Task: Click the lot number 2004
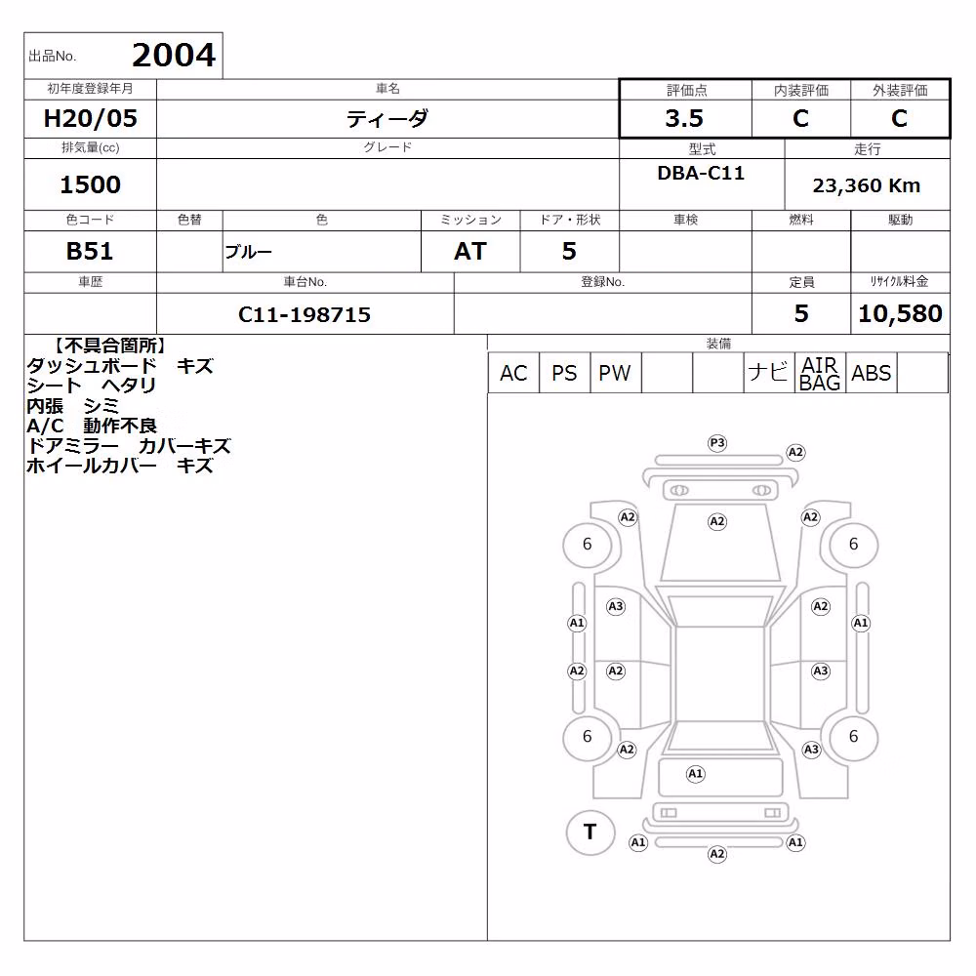pos(174,56)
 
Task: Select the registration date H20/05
pos(90,118)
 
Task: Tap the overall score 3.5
pos(684,118)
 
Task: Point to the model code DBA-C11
pos(701,173)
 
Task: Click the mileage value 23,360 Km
pos(867,185)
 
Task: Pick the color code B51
pos(90,252)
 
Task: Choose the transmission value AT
pos(470,252)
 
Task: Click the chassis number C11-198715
pos(305,315)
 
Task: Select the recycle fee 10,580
pos(900,313)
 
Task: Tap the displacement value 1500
pos(90,184)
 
